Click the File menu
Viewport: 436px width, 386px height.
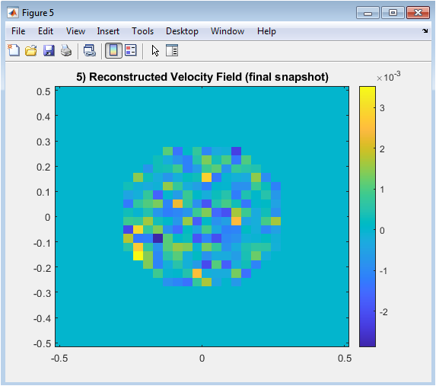18,31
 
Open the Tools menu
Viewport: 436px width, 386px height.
142,31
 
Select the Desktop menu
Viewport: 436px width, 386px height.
182,31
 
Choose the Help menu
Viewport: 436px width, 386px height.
266,31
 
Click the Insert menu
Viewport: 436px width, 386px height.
108,31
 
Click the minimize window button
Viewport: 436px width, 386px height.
368,13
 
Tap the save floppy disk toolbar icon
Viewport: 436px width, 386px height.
49,51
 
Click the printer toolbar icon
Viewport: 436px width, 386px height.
66,51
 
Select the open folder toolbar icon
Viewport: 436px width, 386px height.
31,51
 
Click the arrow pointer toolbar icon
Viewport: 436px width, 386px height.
155,51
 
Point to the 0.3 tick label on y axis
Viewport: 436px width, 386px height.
43,142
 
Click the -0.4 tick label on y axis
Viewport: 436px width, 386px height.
43,319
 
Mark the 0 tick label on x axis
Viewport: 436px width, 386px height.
202,359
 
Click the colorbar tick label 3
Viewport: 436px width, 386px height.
382,108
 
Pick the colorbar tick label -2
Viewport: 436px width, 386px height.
383,312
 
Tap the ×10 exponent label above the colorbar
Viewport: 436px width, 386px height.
389,77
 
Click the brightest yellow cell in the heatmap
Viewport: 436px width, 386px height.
138,256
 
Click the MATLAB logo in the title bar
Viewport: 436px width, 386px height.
13,13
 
